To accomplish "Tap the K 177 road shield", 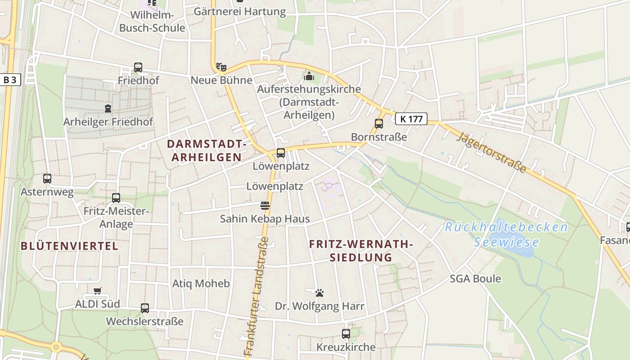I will tap(411, 119).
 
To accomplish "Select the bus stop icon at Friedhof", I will tap(138, 67).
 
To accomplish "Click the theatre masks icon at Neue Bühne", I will tap(221, 67).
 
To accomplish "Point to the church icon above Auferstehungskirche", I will tap(309, 76).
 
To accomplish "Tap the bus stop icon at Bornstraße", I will tap(379, 123).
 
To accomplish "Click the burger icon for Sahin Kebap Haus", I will tap(265, 206).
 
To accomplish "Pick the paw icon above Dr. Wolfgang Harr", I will tap(319, 293).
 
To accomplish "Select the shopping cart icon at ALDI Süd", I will tap(97, 291).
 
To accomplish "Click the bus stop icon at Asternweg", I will tap(47, 179).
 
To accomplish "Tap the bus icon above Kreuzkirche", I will tap(346, 334).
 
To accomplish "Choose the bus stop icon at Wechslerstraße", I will tap(145, 308).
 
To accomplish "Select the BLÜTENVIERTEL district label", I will tap(70, 246).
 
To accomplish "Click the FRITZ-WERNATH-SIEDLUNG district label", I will tap(361, 251).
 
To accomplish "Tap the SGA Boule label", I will tap(475, 279).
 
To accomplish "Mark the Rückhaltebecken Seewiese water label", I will tap(506, 234).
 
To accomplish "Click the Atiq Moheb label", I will tap(201, 283).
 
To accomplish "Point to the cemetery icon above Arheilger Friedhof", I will tap(108, 108).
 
